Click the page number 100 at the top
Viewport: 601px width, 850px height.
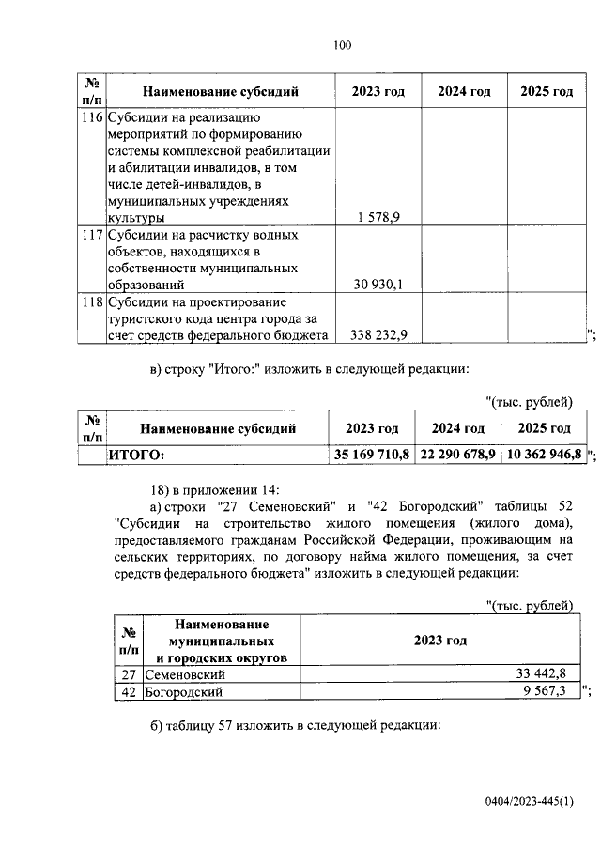341,44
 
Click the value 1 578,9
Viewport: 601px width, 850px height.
378,217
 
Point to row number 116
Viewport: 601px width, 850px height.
91,118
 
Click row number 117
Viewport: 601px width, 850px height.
91,235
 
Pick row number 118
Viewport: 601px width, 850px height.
91,302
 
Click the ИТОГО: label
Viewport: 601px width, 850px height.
137,455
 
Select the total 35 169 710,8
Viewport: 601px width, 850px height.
372,455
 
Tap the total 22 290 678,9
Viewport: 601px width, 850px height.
458,455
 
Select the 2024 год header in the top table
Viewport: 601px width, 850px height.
465,91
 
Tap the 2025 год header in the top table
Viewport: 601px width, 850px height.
547,91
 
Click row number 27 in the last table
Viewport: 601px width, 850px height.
129,674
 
